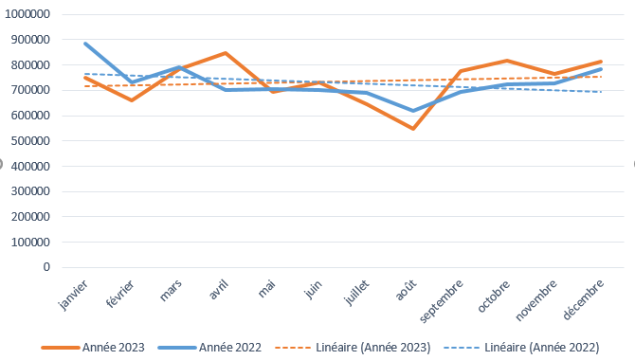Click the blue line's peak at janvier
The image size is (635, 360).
(85, 44)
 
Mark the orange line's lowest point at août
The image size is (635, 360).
(413, 129)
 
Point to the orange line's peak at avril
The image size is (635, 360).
(226, 53)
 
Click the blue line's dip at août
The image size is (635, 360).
(413, 111)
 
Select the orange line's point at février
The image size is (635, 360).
(132, 100)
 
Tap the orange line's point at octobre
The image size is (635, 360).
(507, 61)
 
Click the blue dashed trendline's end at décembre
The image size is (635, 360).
(601, 92)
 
